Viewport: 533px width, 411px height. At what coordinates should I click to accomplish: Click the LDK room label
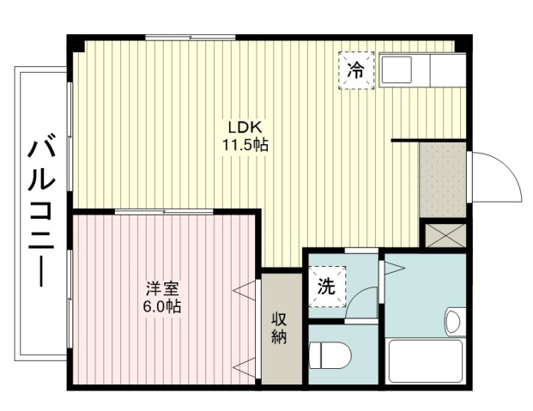[245, 128]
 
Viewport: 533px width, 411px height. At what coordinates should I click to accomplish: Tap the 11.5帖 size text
[245, 145]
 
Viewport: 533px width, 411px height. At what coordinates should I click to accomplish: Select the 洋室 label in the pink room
[162, 289]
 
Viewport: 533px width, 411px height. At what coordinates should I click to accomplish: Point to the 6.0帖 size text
[162, 306]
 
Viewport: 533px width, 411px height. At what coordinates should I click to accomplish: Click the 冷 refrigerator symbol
[356, 70]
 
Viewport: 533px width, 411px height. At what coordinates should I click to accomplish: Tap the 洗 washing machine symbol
[327, 287]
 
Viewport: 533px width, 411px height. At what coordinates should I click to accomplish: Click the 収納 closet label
[279, 328]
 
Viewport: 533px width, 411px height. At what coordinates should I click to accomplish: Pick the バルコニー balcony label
[41, 210]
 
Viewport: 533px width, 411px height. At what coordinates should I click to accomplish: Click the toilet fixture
[330, 355]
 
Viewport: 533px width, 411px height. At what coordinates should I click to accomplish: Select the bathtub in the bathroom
[426, 360]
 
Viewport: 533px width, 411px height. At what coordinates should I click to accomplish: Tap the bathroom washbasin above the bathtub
[455, 321]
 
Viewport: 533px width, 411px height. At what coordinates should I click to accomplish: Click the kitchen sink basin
[397, 70]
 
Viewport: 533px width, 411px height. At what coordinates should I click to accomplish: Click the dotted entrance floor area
[443, 180]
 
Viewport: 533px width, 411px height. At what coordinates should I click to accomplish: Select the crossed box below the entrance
[445, 235]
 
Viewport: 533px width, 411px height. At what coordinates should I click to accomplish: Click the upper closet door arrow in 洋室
[244, 291]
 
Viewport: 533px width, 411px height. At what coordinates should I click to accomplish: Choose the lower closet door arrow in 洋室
[244, 367]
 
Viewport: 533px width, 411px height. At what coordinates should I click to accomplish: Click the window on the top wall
[191, 38]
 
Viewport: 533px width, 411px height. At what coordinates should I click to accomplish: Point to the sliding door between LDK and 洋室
[164, 212]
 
